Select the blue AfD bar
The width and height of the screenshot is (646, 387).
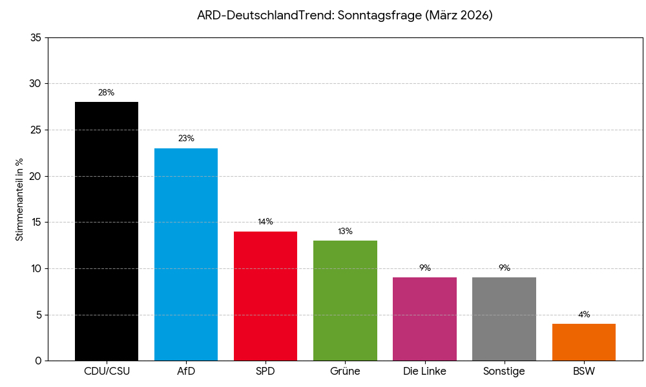(186, 254)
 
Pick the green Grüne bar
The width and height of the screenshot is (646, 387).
(345, 300)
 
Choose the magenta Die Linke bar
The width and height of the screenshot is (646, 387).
(424, 319)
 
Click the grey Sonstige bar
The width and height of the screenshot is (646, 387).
(504, 319)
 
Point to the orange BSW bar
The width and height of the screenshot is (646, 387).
(584, 342)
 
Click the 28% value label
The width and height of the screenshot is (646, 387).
(107, 93)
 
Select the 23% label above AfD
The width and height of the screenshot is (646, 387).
(186, 139)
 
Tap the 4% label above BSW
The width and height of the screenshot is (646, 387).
(584, 315)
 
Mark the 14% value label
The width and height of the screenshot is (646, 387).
(266, 222)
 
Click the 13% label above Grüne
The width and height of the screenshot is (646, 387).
(345, 232)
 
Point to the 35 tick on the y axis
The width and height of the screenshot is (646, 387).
(36, 38)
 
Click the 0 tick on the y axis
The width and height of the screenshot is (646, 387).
(38, 361)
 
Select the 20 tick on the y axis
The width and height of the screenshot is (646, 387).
(36, 176)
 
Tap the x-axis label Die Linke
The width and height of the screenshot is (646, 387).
(424, 372)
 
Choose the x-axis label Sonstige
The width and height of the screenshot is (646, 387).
(504, 372)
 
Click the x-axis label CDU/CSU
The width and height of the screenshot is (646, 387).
(107, 372)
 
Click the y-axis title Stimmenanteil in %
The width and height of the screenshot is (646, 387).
(19, 199)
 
